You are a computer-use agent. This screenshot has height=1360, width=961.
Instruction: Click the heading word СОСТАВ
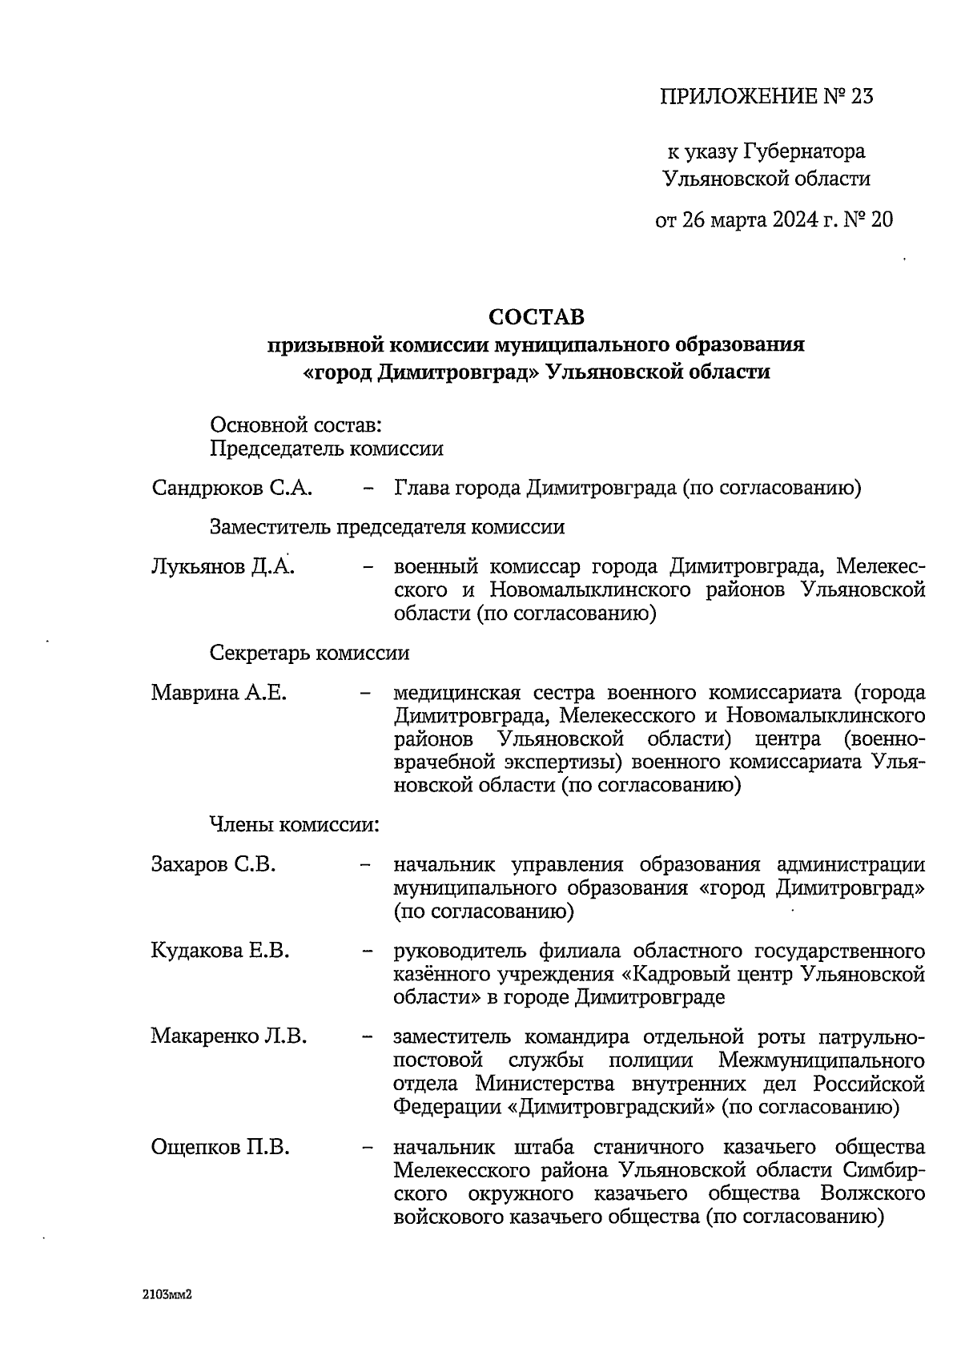pos(537,317)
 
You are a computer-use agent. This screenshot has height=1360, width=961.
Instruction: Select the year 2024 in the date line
pos(784,220)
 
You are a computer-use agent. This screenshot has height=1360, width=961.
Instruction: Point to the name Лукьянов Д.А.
pos(222,568)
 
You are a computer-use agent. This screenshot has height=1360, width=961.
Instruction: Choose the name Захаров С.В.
pos(213,865)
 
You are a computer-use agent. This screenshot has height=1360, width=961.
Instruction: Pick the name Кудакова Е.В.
pos(220,951)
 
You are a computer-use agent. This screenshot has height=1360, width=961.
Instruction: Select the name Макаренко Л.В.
pos(228,1036)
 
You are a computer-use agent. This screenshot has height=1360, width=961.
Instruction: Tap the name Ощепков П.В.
pos(220,1147)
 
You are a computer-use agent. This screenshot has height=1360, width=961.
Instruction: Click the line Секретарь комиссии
pos(309,653)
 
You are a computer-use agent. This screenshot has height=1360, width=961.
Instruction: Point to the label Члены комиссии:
pos(294,824)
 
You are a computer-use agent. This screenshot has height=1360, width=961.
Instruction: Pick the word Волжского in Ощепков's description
pos(873,1194)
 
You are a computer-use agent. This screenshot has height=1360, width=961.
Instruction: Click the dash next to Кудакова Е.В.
pos(368,952)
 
